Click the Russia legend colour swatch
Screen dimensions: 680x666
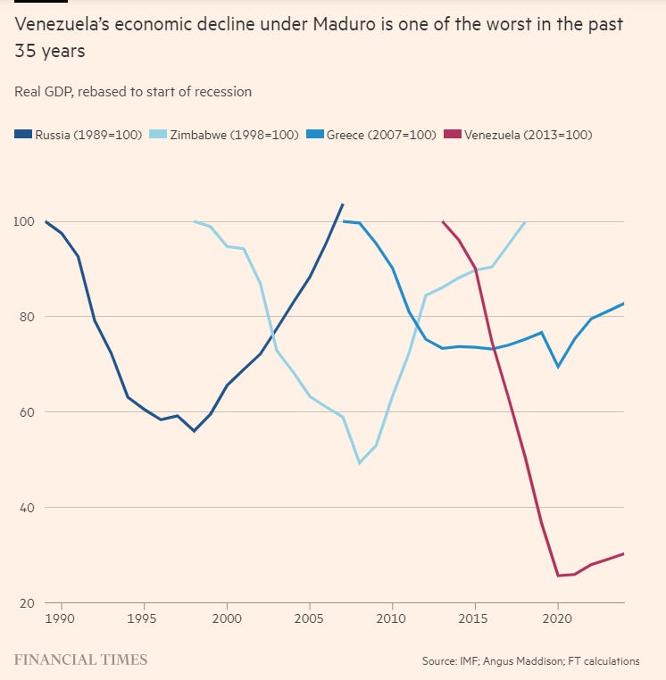[x=23, y=136]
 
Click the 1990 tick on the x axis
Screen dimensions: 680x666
[x=60, y=618]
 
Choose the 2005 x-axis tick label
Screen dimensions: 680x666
[x=308, y=618]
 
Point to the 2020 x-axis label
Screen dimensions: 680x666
[x=557, y=618]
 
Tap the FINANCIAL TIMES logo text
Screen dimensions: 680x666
[x=81, y=660]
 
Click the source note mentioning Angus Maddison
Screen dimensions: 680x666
[x=530, y=661]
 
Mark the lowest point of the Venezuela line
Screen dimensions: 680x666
[x=557, y=576]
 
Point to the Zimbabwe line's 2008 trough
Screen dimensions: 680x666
[x=359, y=463]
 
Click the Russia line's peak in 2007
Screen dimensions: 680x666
[x=343, y=204]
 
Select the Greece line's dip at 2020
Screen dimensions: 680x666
[x=557, y=367]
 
